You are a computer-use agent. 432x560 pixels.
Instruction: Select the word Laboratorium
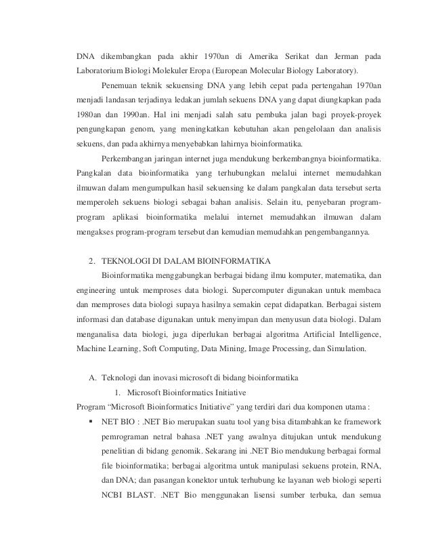[x=100, y=71]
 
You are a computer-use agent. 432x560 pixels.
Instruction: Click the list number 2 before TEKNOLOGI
[x=92, y=261]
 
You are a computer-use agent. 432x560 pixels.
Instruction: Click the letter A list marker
[x=92, y=377]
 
